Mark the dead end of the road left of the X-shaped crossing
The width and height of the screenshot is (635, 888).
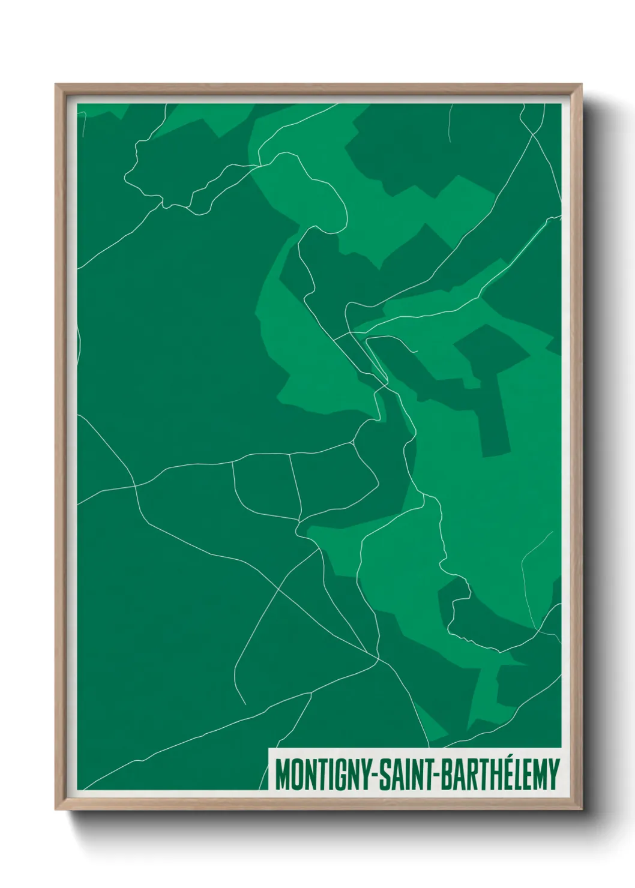tap(245, 703)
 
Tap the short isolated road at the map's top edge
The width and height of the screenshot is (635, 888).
tap(449, 123)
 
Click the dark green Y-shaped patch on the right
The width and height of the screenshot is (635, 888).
tap(486, 384)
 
